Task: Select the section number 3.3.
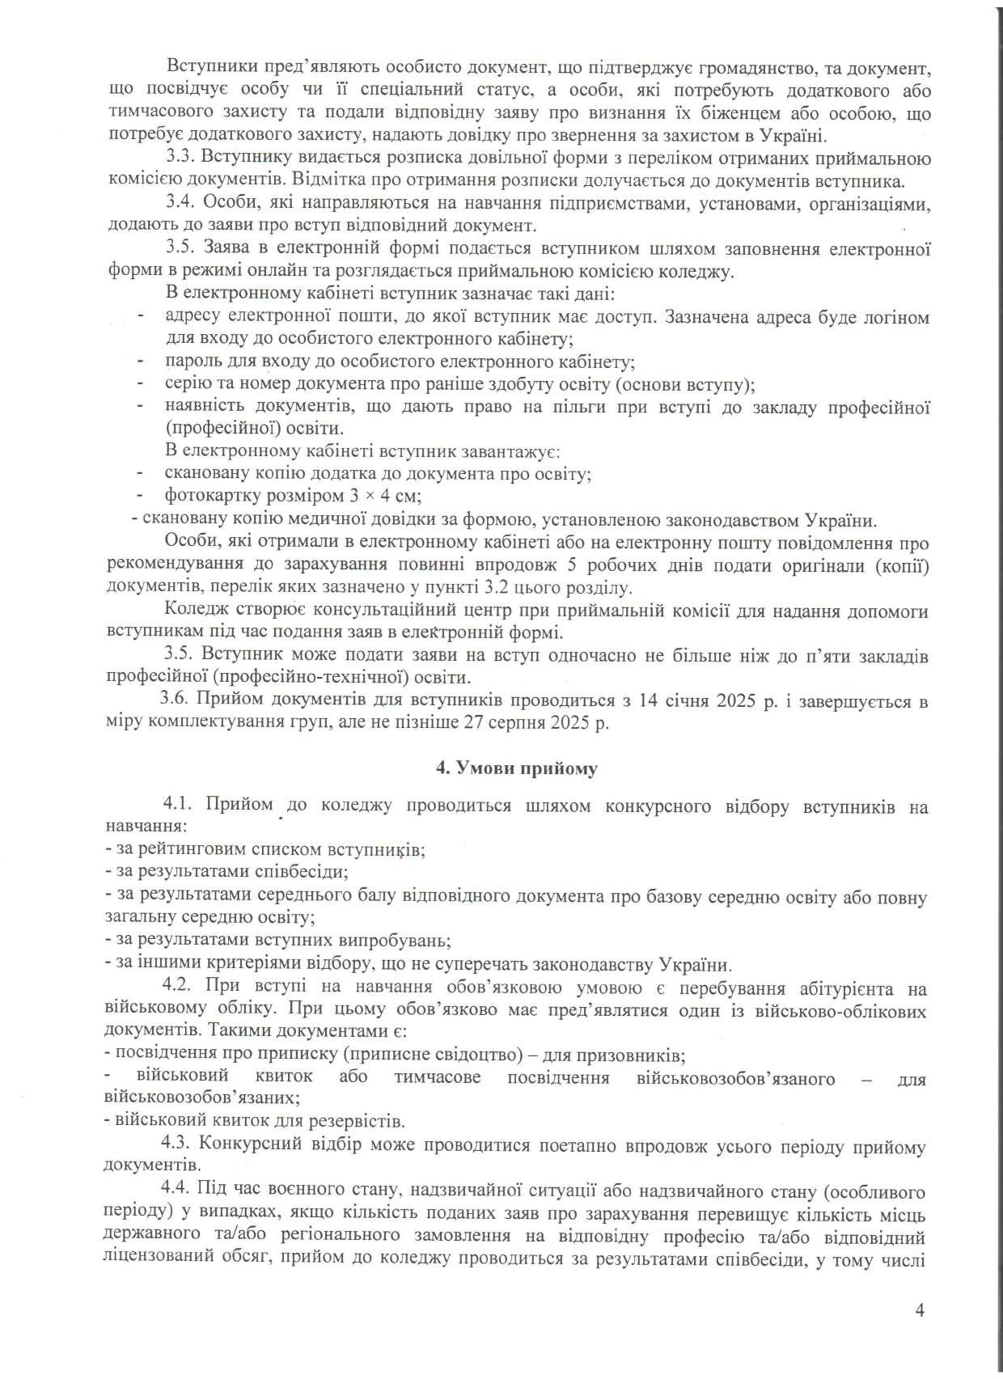[x=177, y=157]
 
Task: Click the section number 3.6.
[x=175, y=700]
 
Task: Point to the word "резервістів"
[x=362, y=1121]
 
